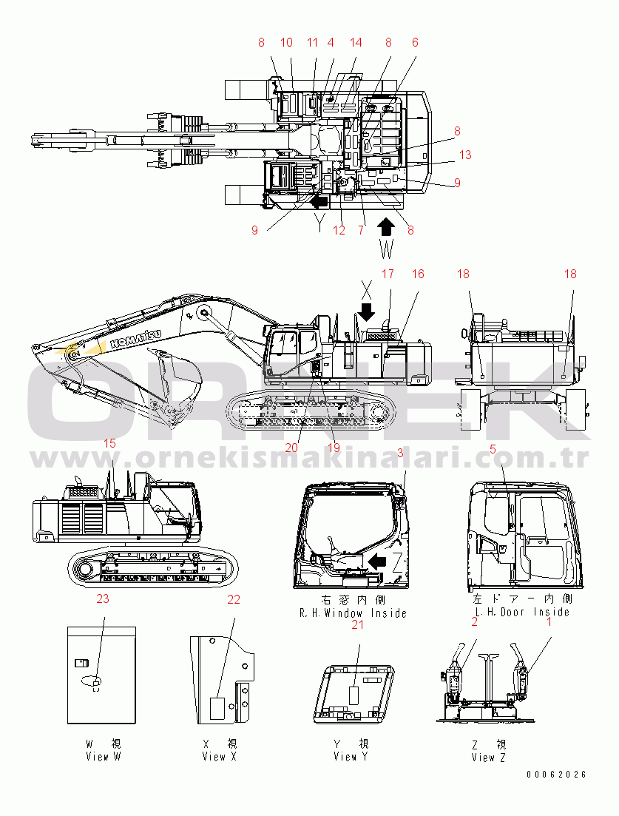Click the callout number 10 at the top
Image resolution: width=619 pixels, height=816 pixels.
pos(286,43)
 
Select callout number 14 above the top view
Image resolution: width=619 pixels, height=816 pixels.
pos(356,43)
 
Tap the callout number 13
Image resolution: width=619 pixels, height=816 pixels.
pos(464,155)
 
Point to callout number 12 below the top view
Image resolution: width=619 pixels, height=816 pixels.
pos(339,230)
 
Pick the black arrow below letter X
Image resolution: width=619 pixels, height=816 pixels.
pos(367,309)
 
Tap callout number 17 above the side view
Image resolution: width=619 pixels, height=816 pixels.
pos(388,274)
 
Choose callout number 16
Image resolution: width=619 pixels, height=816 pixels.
pos(418,274)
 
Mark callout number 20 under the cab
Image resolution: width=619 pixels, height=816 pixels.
pos(291,448)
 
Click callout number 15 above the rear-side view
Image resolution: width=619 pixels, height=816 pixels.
pos(109,444)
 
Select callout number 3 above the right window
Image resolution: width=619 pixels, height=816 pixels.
pos(400,452)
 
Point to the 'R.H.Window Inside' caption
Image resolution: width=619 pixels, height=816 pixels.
pos(353,613)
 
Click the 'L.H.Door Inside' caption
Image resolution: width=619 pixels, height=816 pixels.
pos(522,612)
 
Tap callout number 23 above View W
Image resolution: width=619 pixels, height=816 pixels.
pos(102,599)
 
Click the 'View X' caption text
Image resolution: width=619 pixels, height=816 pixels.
pos(220,756)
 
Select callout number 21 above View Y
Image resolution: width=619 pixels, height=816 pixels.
pos(358,625)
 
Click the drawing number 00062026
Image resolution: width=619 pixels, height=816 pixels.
pos(556,775)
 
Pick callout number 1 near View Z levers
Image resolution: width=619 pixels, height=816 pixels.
pos(548,622)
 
